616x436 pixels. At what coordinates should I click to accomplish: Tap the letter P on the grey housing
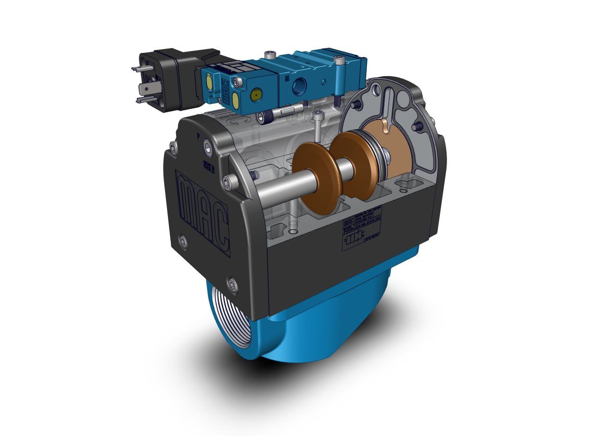198,136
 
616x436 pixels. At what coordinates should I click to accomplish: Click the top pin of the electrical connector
137,69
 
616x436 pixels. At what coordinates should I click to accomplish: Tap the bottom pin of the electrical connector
140,100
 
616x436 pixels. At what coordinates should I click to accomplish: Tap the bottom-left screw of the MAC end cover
183,241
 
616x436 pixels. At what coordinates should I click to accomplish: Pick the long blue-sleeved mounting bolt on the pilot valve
339,79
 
